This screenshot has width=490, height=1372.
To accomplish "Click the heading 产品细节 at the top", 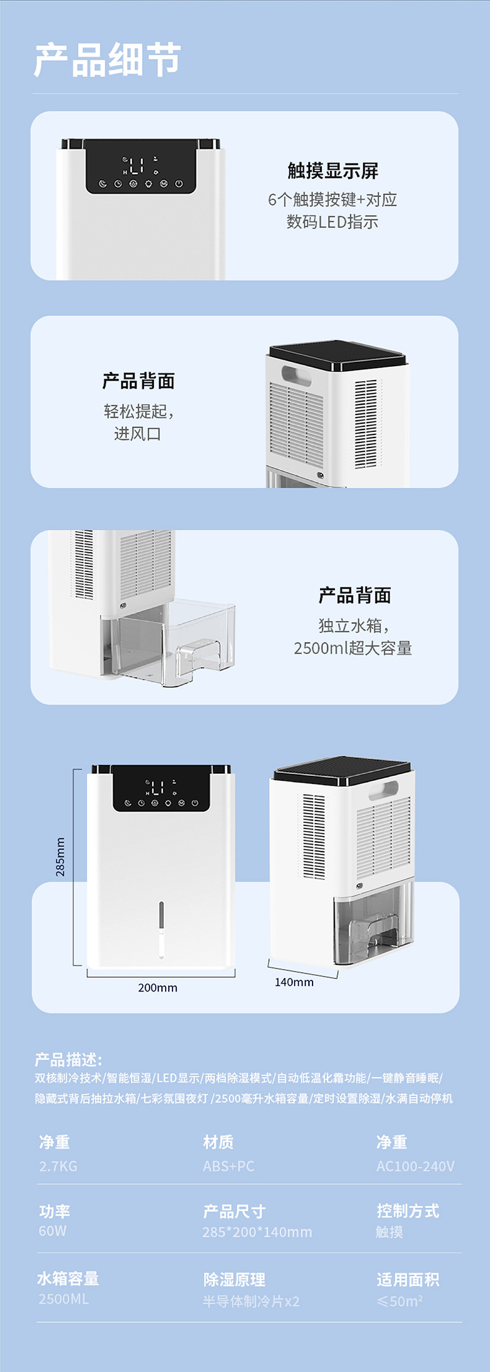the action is coord(107,60).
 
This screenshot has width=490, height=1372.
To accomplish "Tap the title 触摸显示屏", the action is coord(332,170).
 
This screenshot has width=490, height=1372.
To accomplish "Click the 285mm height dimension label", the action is coord(60,856).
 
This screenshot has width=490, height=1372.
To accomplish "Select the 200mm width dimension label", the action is coord(158,987).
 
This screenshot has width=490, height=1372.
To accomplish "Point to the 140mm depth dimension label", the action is coord(294,982).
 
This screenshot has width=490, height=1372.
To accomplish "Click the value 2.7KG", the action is coord(58,1166).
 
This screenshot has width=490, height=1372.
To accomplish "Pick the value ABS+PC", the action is coord(228,1166).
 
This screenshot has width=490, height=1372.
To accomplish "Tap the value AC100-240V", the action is coord(415,1166).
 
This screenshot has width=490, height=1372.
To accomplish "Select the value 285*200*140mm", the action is coord(257,1231).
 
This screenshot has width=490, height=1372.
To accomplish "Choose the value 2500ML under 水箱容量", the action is coord(63,1298).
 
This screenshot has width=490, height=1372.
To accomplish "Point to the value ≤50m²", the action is coord(399,1301).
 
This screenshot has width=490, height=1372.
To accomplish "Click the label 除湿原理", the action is coord(234,1279).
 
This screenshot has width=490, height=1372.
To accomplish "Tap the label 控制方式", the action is coord(408,1210).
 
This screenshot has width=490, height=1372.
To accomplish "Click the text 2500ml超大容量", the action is coord(353,648).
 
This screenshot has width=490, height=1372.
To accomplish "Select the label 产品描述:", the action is coord(68,1059).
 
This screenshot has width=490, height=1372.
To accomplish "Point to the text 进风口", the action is coord(137,433).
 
